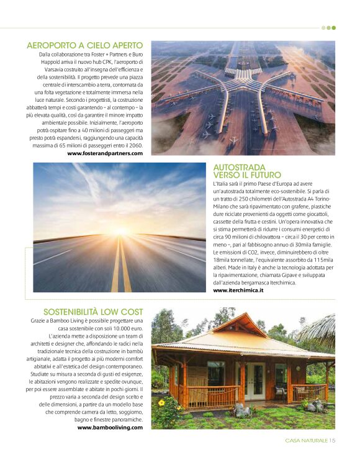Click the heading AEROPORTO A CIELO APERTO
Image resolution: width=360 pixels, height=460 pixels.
tap(85, 45)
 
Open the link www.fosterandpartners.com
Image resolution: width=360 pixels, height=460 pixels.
tap(106, 153)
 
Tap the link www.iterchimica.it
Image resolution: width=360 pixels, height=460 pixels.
tap(238, 290)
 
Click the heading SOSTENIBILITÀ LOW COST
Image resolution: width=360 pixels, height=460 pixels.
tap(93, 311)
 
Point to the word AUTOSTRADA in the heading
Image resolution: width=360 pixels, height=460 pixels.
tap(239, 168)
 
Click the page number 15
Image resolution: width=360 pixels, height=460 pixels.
tap(332, 441)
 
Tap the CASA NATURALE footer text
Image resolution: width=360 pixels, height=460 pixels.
tap(306, 441)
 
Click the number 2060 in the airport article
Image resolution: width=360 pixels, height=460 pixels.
tap(133, 145)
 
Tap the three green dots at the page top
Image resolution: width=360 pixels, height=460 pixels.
tap(329, 27)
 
